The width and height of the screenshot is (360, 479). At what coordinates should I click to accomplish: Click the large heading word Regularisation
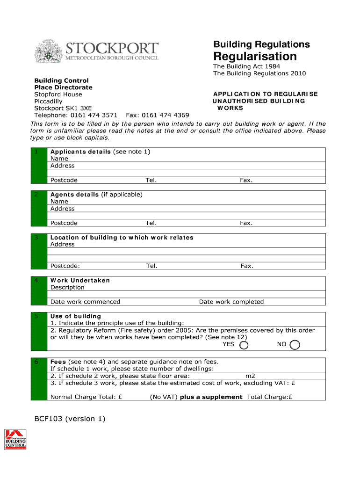click(255, 57)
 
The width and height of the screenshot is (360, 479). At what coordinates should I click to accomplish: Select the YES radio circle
click(244, 345)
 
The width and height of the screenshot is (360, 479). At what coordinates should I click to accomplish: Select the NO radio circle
click(295, 345)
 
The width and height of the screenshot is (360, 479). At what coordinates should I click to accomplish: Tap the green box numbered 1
click(39, 166)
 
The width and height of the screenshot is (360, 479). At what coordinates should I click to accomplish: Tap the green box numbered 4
click(39, 291)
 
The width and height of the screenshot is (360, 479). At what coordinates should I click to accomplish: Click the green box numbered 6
click(39, 379)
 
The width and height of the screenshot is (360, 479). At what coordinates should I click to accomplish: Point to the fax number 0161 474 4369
click(166, 115)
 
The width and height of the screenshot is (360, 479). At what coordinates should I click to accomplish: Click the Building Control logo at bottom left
click(15, 439)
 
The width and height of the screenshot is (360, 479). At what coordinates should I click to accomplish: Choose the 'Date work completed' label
click(231, 302)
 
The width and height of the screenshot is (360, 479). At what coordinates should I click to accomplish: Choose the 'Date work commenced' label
click(85, 302)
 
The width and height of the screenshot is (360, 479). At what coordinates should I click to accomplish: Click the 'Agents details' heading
click(74, 195)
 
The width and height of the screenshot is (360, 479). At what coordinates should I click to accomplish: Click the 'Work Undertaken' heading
click(80, 280)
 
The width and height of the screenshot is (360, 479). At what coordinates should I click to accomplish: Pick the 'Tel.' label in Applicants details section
click(151, 180)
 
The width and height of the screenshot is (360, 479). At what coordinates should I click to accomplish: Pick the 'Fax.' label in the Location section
click(247, 266)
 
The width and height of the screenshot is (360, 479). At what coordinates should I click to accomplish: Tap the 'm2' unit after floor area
click(250, 376)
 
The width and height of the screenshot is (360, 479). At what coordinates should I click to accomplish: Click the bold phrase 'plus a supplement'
click(211, 397)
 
